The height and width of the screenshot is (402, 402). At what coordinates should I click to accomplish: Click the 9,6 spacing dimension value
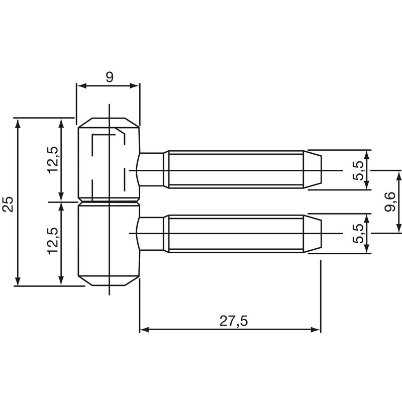pos(392,202)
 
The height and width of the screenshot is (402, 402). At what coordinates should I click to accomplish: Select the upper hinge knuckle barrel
pos(108,160)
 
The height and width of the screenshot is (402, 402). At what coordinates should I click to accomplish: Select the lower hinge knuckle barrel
pos(108,244)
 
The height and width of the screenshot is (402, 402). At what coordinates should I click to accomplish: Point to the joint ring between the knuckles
pos(108,202)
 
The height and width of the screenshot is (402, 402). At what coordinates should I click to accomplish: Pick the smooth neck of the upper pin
pos(151,170)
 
